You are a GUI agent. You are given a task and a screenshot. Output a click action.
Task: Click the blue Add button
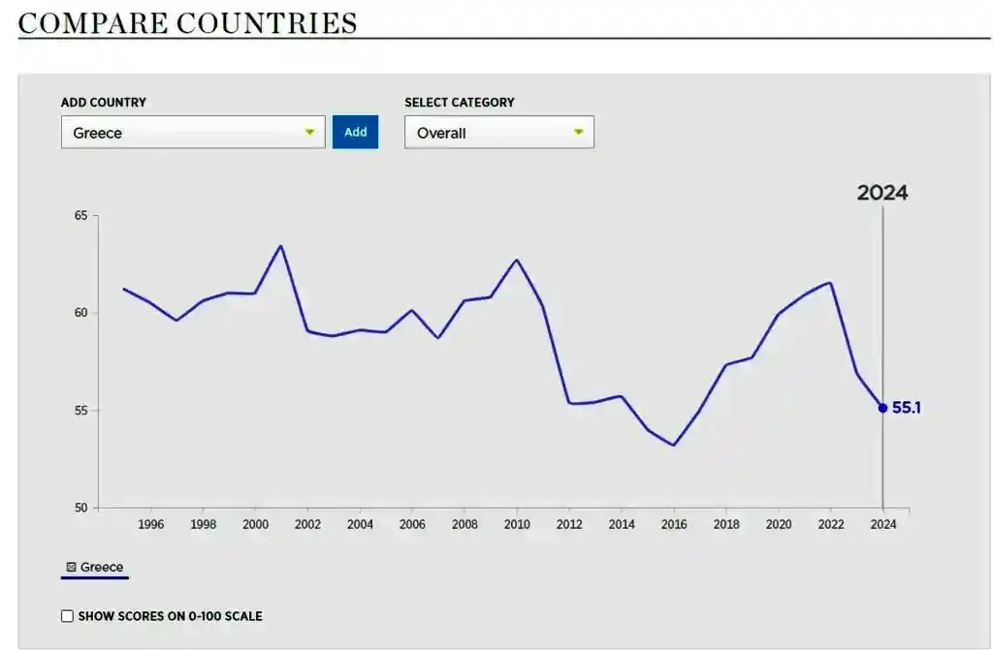click(x=355, y=133)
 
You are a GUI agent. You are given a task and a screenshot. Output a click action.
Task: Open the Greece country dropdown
click(x=193, y=133)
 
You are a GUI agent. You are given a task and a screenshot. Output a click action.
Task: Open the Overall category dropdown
click(x=498, y=133)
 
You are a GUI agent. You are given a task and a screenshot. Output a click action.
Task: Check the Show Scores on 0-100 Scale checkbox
click(x=67, y=616)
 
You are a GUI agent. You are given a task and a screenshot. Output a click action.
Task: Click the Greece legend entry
click(x=95, y=568)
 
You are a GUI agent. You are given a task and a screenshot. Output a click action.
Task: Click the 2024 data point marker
click(x=882, y=408)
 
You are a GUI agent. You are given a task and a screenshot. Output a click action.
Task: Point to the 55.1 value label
click(x=906, y=408)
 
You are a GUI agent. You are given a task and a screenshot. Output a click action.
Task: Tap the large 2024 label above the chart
click(x=881, y=193)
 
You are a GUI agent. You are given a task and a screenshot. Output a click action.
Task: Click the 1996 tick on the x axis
click(x=151, y=524)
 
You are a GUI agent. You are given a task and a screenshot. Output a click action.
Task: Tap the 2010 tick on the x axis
click(x=517, y=524)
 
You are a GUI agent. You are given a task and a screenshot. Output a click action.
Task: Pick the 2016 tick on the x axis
click(x=674, y=524)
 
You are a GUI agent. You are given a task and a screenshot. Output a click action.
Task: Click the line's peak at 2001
click(x=281, y=245)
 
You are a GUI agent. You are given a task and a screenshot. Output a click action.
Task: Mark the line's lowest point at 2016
click(x=674, y=446)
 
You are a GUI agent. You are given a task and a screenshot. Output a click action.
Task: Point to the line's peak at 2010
click(x=517, y=260)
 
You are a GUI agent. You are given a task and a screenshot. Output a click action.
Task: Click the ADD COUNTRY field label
click(x=104, y=103)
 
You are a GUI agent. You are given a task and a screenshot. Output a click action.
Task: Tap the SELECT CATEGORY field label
click(x=460, y=103)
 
